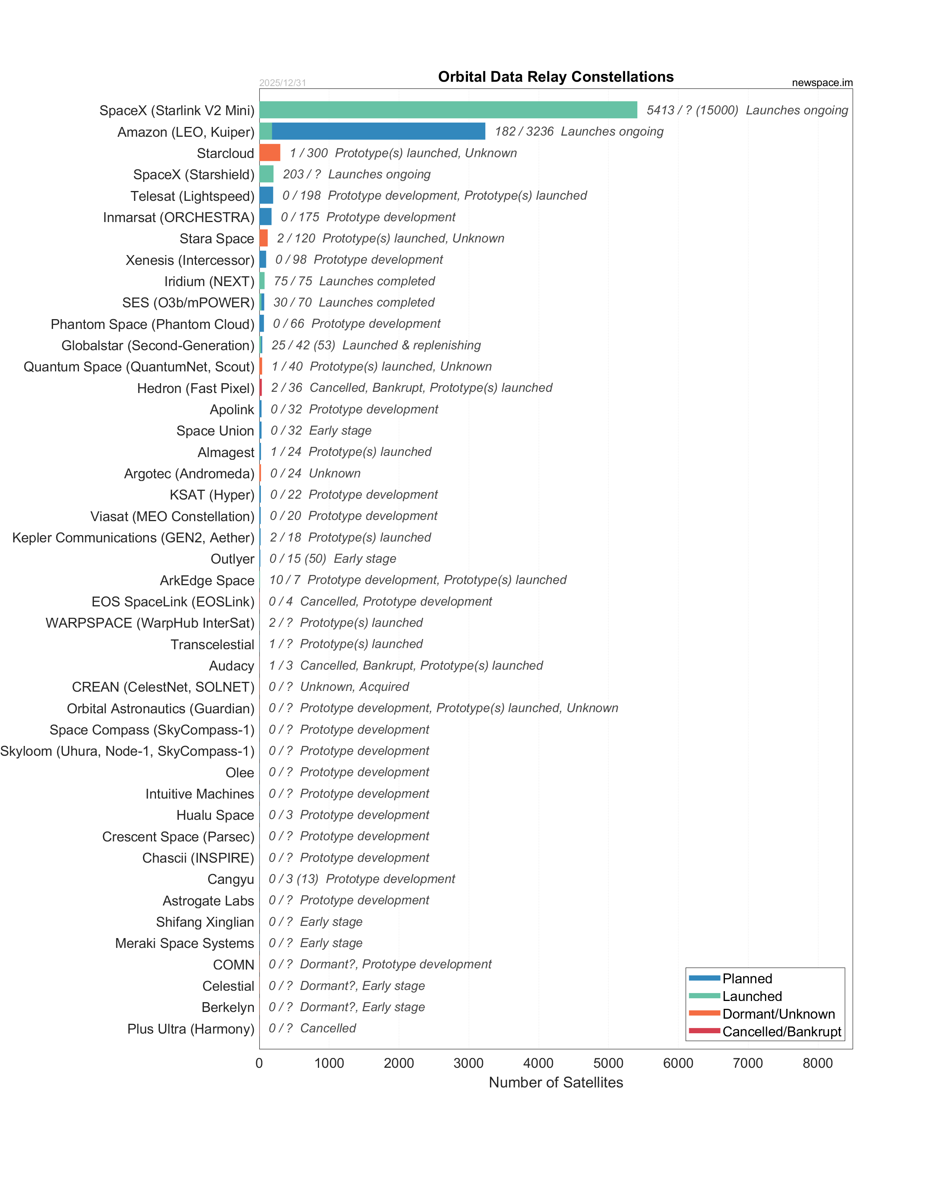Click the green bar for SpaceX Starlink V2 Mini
448,110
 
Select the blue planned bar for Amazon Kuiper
378,131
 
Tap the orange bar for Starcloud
270,152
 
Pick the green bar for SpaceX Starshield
266,174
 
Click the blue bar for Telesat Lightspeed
266,195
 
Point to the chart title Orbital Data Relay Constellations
556,77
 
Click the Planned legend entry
747,978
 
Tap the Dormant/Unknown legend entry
778,1014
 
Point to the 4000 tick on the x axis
538,1063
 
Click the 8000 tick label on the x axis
817,1063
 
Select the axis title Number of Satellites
556,1083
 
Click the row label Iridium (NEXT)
209,281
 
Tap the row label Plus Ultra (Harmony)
191,1028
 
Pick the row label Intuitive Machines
200,793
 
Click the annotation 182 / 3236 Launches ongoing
578,131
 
